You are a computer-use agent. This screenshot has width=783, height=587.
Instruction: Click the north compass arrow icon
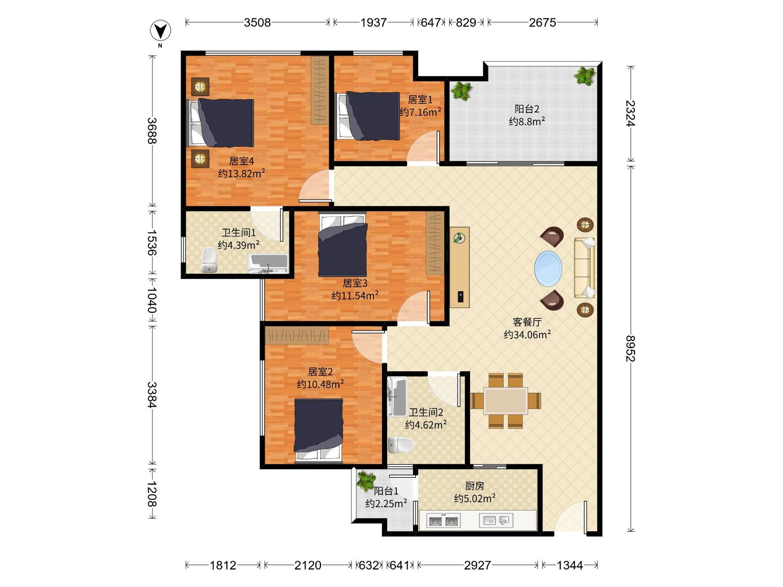coord(161,31)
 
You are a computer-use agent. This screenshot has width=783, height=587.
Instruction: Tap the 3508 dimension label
coord(257,23)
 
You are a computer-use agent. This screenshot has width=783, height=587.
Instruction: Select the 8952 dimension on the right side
coord(631,348)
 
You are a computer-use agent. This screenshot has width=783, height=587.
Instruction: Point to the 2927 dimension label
coord(478,565)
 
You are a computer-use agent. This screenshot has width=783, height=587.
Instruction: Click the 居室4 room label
coord(241,161)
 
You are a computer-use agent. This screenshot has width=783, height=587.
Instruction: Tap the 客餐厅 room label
coord(527,322)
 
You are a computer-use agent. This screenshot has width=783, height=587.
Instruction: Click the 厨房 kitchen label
coord(474,486)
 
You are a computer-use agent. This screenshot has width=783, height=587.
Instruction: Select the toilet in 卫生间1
coord(208,260)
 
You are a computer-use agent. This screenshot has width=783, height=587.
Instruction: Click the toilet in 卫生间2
coord(401,445)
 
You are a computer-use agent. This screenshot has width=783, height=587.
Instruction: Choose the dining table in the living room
coord(505,400)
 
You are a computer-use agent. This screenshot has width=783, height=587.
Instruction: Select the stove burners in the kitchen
coord(443,521)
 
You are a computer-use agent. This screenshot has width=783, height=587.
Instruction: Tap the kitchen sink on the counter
coord(496,520)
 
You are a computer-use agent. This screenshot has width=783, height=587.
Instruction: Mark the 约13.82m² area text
coord(241,174)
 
